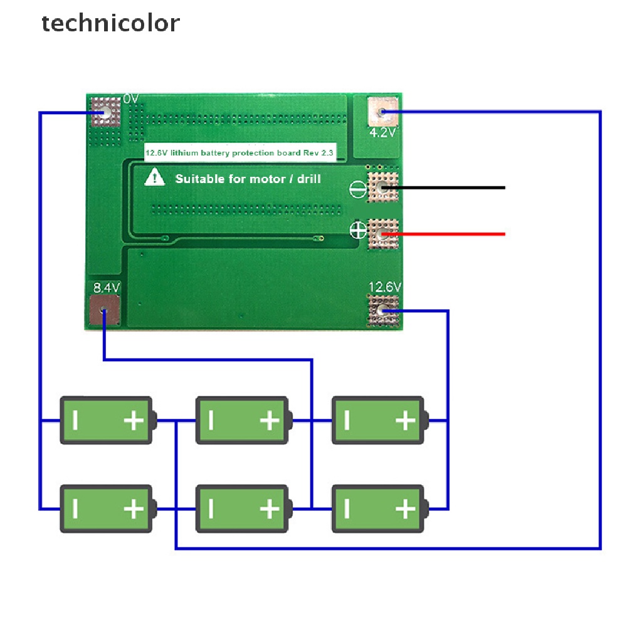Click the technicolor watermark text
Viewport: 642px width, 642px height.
click(110, 23)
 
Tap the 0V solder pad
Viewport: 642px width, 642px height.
click(105, 113)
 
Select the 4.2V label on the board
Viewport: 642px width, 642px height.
click(382, 133)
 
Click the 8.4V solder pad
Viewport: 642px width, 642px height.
click(105, 310)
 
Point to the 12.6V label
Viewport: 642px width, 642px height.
click(384, 287)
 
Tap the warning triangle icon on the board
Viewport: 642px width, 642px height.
click(154, 178)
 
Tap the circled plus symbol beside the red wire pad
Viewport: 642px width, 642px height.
click(358, 230)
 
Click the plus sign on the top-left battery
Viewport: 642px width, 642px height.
click(134, 420)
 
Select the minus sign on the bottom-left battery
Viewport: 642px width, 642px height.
click(75, 508)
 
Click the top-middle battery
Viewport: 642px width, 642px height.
click(242, 420)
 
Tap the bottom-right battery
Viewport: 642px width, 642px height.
click(378, 508)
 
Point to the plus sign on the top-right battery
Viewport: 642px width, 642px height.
click(406, 420)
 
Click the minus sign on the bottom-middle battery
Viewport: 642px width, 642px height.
click(211, 508)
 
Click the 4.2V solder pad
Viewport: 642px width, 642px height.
click(382, 112)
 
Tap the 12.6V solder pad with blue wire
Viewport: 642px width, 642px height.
click(382, 310)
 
